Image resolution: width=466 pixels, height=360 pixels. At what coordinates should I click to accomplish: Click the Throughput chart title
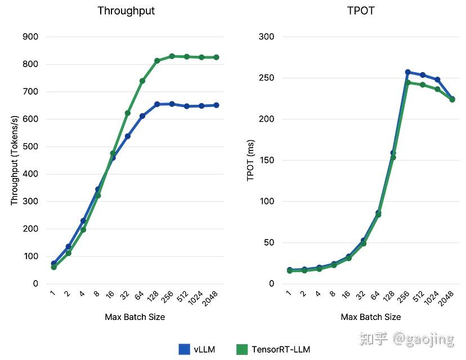coord(126,11)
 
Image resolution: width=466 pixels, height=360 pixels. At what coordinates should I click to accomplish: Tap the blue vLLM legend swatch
coord(184,349)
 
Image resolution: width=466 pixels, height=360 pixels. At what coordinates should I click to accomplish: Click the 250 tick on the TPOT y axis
coord(266,78)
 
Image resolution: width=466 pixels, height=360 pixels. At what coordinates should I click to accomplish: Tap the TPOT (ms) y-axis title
coord(250,161)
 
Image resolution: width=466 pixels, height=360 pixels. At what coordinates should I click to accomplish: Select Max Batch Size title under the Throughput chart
coord(135,317)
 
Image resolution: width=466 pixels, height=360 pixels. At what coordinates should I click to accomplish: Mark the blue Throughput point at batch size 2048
coord(216,105)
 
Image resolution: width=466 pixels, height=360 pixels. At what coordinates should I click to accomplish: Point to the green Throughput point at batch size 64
coord(142,81)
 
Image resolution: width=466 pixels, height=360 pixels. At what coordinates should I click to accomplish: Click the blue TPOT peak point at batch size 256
coord(408,72)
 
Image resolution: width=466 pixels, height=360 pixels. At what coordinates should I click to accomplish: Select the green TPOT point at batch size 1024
coord(437,89)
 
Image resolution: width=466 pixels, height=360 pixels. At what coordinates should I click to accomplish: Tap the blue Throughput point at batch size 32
coord(128,136)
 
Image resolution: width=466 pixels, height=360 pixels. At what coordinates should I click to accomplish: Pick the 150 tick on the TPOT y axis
coord(266,161)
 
